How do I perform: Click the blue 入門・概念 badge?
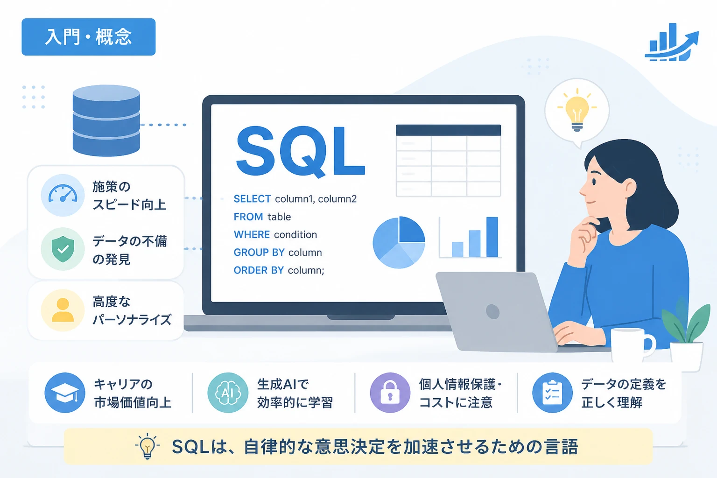tap(89, 37)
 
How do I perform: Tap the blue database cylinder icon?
tap(106, 121)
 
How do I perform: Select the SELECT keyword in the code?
tap(252, 199)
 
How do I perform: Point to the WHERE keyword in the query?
tap(252, 234)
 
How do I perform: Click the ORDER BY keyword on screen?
tap(259, 270)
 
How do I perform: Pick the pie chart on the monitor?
tap(399, 242)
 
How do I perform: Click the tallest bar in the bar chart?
tap(492, 237)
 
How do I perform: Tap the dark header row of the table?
tap(448, 130)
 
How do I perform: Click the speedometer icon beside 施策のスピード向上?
tap(63, 195)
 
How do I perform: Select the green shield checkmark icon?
tap(63, 249)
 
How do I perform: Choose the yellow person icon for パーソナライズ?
tap(63, 310)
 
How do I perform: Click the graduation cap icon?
tap(65, 393)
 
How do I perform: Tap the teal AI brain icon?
tap(228, 393)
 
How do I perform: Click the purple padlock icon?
tap(390, 393)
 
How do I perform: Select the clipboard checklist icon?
tap(553, 393)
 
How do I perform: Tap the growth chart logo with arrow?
tap(672, 42)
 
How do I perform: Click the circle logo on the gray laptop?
tap(492, 311)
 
